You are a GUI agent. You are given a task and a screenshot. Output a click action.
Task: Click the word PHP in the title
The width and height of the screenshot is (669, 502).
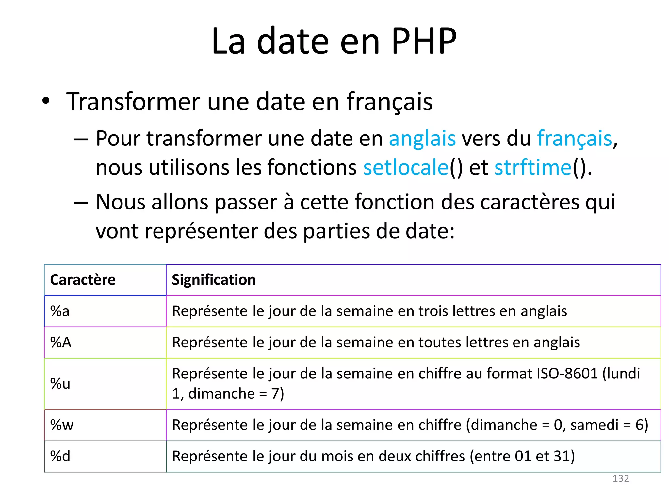pyautogui.click(x=424, y=41)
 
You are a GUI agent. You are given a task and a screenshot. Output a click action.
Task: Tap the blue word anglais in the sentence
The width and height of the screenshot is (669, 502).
pyautogui.click(x=422, y=139)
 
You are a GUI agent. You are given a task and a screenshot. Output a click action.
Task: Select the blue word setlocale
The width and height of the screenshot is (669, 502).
pyautogui.click(x=406, y=167)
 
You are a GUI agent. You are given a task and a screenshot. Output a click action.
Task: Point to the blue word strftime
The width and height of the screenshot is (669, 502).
pyautogui.click(x=533, y=167)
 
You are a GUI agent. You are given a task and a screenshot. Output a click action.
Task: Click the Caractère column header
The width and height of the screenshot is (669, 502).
pyautogui.click(x=83, y=280)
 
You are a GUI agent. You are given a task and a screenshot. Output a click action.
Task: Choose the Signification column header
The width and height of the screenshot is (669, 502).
pyautogui.click(x=214, y=280)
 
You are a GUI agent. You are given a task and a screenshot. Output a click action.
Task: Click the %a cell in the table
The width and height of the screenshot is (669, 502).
pyautogui.click(x=60, y=311)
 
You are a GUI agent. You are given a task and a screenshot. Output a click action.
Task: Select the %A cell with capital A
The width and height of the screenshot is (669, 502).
pyautogui.click(x=61, y=343)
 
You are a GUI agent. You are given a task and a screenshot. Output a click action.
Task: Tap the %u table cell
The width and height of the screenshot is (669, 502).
pyautogui.click(x=60, y=384)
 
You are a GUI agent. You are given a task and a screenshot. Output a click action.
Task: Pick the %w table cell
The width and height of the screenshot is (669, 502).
pyautogui.click(x=62, y=425)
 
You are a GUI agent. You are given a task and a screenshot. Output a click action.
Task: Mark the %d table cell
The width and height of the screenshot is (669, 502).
pyautogui.click(x=60, y=456)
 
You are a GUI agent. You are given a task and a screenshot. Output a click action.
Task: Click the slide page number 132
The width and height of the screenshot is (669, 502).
pyautogui.click(x=620, y=478)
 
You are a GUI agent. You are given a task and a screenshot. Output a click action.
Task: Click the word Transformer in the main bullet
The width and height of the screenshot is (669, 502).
pyautogui.click(x=133, y=102)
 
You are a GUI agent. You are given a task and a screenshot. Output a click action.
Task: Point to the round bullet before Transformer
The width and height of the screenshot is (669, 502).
pyautogui.click(x=46, y=101)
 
